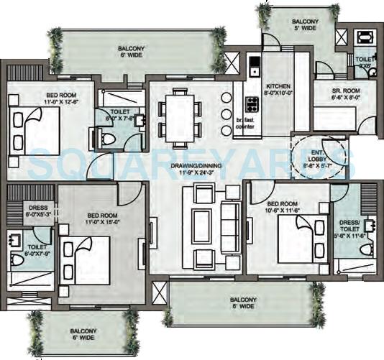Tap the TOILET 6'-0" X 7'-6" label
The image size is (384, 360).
pyautogui.click(x=119, y=115)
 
